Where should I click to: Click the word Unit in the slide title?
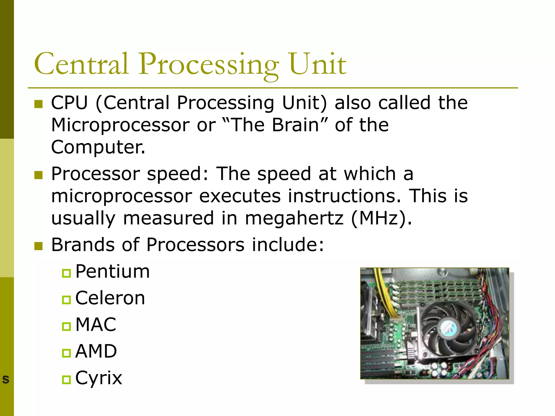(x=318, y=64)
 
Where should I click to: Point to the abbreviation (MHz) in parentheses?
(x=382, y=218)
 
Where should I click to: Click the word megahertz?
(x=294, y=218)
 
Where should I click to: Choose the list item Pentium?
(x=112, y=271)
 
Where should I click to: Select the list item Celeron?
(x=110, y=298)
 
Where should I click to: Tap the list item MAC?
(x=96, y=324)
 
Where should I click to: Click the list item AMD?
(x=96, y=351)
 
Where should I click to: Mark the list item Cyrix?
(x=99, y=378)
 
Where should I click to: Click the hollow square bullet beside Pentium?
(x=66, y=273)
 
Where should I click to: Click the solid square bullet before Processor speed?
(x=39, y=175)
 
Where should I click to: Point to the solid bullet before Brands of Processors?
(x=39, y=246)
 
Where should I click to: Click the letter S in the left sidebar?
(x=6, y=379)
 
